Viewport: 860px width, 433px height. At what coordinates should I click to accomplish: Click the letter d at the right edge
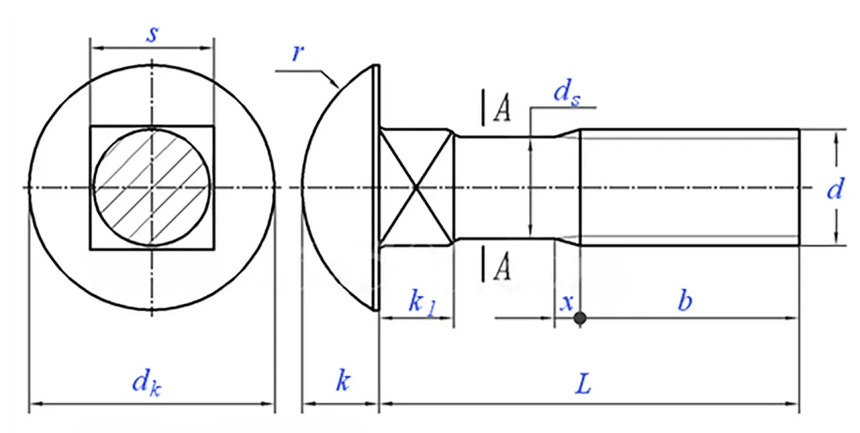point(834,190)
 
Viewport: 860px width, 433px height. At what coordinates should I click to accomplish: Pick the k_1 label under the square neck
point(421,302)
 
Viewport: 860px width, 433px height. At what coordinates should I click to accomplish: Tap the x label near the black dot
point(566,303)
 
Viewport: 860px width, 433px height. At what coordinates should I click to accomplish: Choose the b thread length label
point(684,302)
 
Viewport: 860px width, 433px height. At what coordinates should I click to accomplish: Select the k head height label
point(343,383)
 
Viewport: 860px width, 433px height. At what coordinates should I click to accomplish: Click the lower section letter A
point(501,268)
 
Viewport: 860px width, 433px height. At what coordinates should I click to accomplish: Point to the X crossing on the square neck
point(417,186)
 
